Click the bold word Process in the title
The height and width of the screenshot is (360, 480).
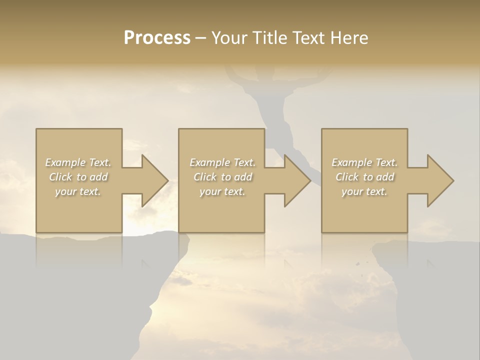point(157,38)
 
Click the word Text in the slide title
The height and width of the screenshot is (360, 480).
point(308,38)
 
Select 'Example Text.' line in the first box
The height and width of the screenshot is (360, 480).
point(78,162)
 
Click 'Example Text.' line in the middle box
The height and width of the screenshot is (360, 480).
point(222,162)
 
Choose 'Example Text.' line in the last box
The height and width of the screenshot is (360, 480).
point(364,162)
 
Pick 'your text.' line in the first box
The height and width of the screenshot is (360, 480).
point(78,191)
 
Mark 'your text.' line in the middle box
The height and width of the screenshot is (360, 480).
point(222,191)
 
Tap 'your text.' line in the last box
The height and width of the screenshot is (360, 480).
point(364,191)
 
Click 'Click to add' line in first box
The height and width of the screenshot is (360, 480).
point(78,177)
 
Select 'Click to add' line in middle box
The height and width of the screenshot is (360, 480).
point(222,177)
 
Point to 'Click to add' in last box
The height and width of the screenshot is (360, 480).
point(364,177)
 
